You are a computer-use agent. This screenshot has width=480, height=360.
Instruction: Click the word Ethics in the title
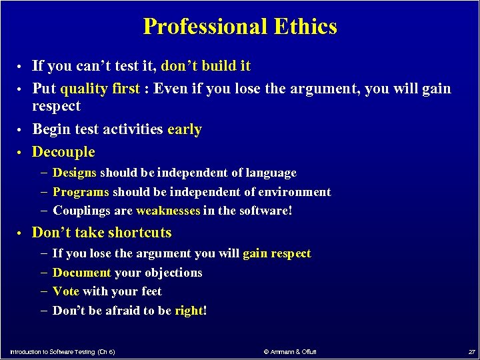pyautogui.click(x=305, y=27)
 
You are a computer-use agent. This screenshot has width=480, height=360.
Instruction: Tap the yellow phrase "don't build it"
pyautogui.click(x=206, y=66)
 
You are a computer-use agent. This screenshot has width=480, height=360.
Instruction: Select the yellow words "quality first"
pyautogui.click(x=100, y=89)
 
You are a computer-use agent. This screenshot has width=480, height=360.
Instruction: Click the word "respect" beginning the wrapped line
pyautogui.click(x=56, y=106)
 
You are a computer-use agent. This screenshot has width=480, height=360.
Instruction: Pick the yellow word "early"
pyautogui.click(x=185, y=129)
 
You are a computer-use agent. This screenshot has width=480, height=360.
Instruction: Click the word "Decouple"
pyautogui.click(x=63, y=152)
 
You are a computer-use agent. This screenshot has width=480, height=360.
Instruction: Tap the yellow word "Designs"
pyautogui.click(x=75, y=173)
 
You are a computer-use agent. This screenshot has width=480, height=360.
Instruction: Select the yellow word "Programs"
pyautogui.click(x=81, y=192)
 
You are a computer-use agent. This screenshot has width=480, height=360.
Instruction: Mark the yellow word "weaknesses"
pyautogui.click(x=168, y=211)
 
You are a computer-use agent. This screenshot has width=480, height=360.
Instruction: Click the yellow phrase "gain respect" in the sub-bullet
pyautogui.click(x=277, y=253)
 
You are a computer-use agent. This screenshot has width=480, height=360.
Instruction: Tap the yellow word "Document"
pyautogui.click(x=82, y=273)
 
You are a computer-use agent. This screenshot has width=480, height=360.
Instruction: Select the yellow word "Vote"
pyautogui.click(x=66, y=291)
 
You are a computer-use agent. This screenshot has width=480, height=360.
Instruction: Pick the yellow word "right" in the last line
pyautogui.click(x=189, y=311)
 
